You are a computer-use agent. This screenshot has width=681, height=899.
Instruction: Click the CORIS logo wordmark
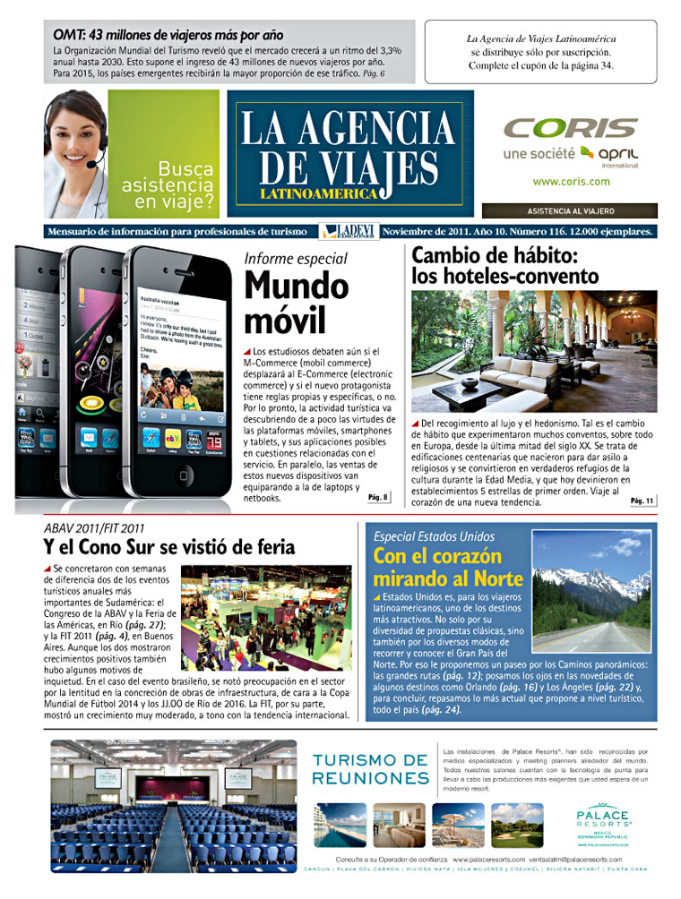tap(571, 128)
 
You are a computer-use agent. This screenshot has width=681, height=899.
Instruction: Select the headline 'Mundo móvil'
tap(297, 303)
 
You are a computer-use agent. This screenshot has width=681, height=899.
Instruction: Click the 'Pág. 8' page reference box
tap(379, 497)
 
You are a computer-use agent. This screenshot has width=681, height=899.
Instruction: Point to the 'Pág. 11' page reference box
tap(642, 501)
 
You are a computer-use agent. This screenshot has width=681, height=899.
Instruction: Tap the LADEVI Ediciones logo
tap(348, 232)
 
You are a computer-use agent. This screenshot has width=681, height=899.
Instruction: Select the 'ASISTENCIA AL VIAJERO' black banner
tap(569, 211)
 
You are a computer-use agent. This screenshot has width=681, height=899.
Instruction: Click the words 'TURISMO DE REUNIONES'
tap(370, 769)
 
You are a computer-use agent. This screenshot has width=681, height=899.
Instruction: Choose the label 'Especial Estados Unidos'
tap(435, 536)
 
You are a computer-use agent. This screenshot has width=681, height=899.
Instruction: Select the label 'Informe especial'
tap(296, 260)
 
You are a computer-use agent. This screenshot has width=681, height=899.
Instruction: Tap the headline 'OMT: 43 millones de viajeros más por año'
tap(168, 34)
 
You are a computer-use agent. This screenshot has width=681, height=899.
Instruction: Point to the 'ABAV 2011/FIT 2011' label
tap(94, 528)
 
